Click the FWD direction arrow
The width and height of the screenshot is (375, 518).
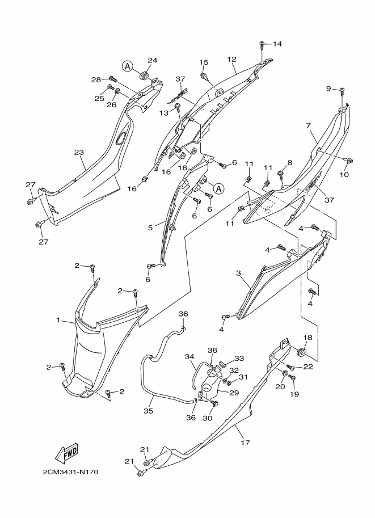coord(66,453)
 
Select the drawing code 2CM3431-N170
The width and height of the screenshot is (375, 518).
coord(70,472)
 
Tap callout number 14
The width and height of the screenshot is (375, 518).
coord(277,44)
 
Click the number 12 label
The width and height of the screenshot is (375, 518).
coord(231,59)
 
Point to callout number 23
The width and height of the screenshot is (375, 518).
coord(79,152)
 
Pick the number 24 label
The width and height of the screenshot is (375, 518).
coord(152,61)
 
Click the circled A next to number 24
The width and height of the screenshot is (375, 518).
coord(128,66)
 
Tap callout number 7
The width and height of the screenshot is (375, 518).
coord(308,125)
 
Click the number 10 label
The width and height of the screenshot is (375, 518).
coord(344,175)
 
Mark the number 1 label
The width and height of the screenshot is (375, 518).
coord(58,321)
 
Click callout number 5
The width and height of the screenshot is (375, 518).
coord(150,228)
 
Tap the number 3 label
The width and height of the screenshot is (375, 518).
coord(239,273)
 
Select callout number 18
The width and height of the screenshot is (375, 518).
coord(307,338)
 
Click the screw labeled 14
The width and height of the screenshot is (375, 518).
coord(262,44)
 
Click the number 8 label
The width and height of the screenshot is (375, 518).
coord(289,162)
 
